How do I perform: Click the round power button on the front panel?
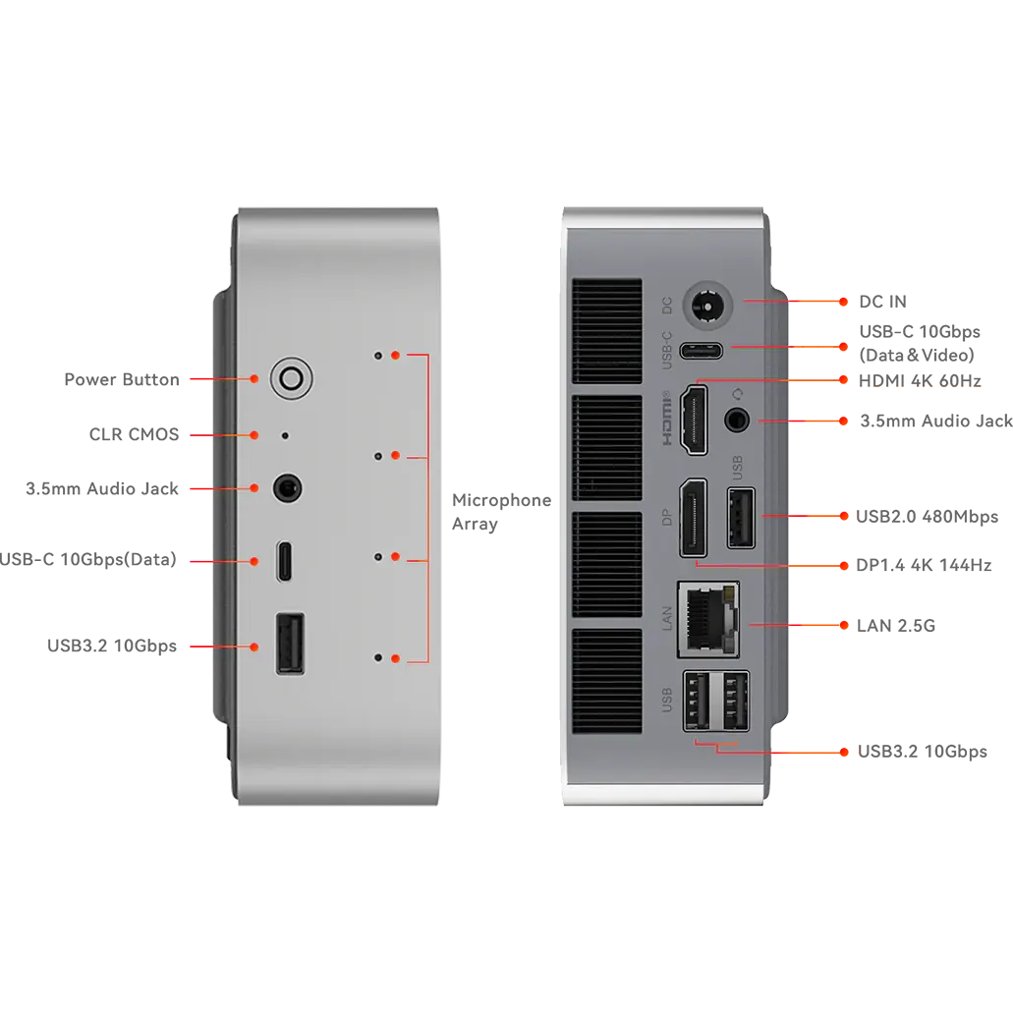[292, 378]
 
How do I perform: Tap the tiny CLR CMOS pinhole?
[285, 435]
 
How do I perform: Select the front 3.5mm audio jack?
[287, 487]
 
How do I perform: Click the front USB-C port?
[284, 561]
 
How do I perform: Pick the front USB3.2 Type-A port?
[290, 644]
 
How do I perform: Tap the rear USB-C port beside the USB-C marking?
[701, 351]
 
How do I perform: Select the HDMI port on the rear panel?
[694, 420]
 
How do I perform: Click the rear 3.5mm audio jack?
[737, 420]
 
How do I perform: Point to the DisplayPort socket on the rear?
[694, 518]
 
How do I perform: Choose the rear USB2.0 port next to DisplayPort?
[741, 518]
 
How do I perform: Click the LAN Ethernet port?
[708, 619]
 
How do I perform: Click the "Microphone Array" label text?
[501, 512]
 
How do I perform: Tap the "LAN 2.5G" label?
[895, 625]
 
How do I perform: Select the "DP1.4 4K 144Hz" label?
[924, 565]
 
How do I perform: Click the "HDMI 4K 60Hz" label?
[920, 381]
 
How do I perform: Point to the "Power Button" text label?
[122, 379]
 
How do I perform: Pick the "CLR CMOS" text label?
[135, 434]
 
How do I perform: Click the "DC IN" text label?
[882, 302]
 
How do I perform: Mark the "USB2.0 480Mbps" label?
[928, 517]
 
